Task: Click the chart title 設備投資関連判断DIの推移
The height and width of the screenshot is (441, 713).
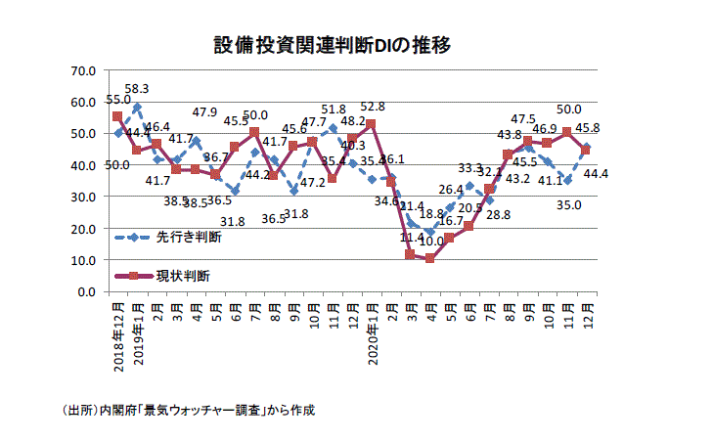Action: (332, 45)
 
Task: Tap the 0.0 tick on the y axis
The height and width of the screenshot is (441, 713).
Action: (85, 291)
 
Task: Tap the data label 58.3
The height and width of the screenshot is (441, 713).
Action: (137, 89)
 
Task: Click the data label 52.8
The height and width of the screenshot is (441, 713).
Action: (373, 107)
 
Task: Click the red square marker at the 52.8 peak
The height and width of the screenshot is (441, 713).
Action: (371, 124)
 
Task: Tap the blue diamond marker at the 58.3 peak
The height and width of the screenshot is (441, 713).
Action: (137, 107)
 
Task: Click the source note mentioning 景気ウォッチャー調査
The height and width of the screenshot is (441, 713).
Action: (187, 410)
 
